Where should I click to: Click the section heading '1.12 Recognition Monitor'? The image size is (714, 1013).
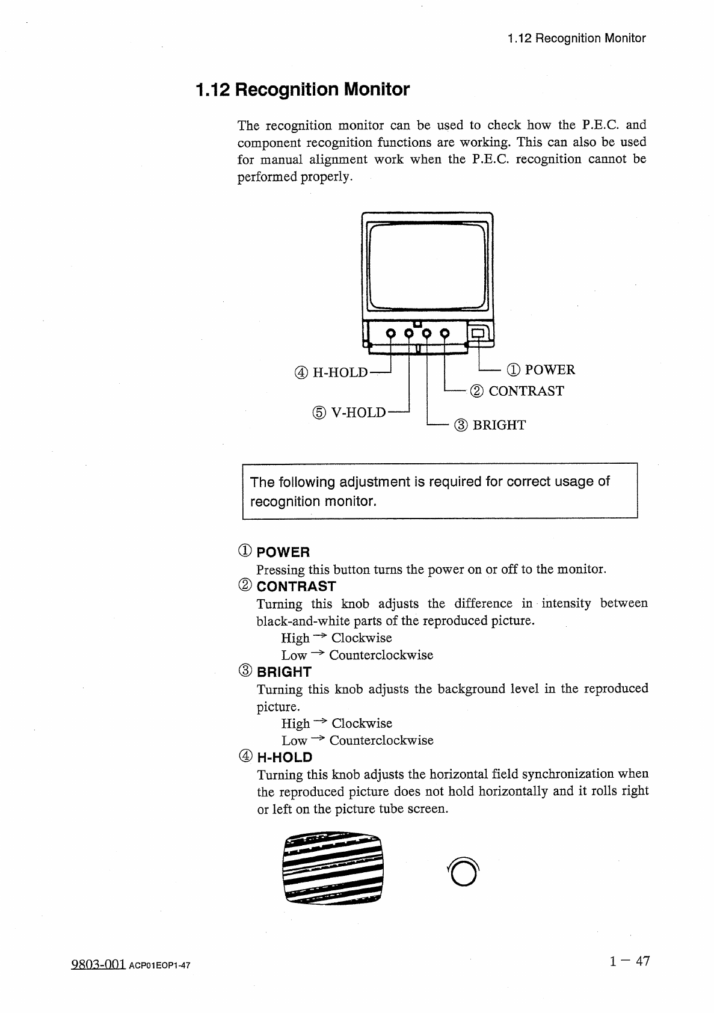[x=303, y=90]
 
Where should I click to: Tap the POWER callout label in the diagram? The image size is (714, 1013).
[x=541, y=369]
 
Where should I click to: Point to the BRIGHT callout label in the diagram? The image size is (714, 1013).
[x=490, y=425]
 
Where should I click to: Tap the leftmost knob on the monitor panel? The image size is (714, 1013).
[x=390, y=333]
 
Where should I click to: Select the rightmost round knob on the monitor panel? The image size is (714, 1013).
[x=445, y=333]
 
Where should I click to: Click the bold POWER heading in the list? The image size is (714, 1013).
[x=283, y=552]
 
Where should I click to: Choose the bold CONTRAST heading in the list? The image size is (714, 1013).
[x=296, y=587]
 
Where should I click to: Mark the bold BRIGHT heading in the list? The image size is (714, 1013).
[x=284, y=672]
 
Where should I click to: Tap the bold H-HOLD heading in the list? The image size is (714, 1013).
[x=285, y=757]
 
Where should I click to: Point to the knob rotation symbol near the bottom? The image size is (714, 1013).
[x=464, y=872]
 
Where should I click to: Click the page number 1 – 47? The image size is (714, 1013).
[x=629, y=961]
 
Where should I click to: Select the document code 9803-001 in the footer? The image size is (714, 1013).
[x=97, y=965]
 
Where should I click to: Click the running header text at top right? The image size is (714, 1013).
[x=576, y=38]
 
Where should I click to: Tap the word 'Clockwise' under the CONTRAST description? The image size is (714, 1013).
[x=362, y=638]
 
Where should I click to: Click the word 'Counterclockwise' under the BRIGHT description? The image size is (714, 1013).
[x=381, y=740]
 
